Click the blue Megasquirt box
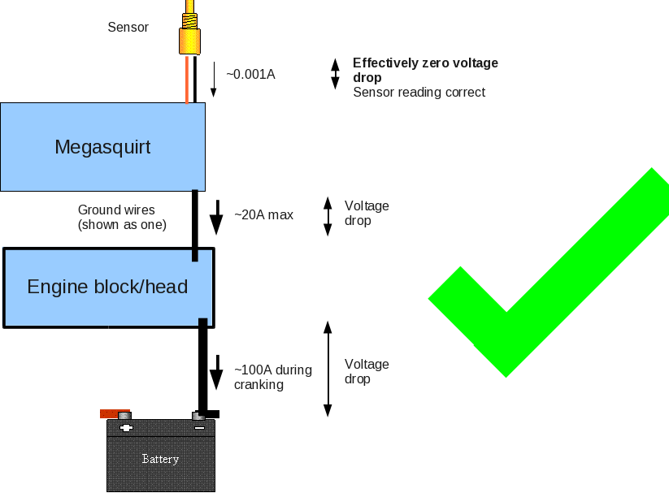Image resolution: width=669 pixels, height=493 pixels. coord(102,147)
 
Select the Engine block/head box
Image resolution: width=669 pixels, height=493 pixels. coord(107,287)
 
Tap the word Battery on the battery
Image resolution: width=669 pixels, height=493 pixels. coord(160,459)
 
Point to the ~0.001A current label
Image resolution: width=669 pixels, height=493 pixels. coord(250,74)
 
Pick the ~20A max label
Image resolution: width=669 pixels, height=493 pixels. coord(263,215)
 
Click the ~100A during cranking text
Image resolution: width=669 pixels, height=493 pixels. coord(272,377)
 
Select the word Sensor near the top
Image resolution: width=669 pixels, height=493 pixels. coord(128,28)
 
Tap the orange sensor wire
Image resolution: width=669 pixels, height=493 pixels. coord(187,80)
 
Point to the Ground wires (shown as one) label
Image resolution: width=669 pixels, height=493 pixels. coord(122,217)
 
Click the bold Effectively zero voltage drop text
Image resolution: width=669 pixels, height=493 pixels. coord(424,70)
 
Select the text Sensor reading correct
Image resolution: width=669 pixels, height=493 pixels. coord(419,93)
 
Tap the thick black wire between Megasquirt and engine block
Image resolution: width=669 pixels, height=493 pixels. coord(195,223)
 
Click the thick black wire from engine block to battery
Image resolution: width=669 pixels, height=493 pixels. coord(203,365)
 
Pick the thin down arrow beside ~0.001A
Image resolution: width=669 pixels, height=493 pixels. coord(214,79)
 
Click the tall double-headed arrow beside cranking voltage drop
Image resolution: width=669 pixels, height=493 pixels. coord(328,369)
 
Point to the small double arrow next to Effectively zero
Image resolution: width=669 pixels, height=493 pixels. coord(334,74)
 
